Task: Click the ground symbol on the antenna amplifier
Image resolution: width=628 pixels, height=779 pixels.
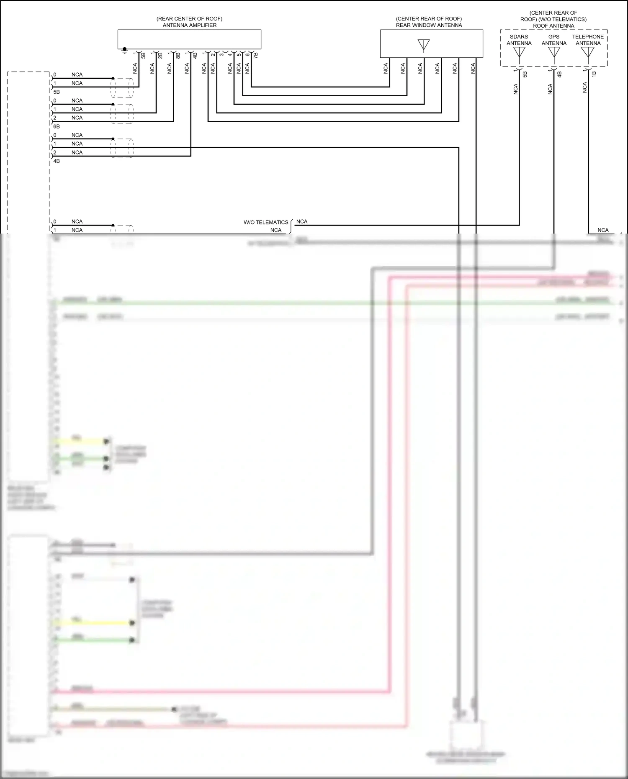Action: point(124,51)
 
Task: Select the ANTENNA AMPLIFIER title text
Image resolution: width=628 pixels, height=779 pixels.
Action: point(189,25)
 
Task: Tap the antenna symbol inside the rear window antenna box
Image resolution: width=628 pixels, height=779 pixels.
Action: point(424,45)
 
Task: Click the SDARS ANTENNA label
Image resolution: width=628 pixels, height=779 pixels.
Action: point(519,40)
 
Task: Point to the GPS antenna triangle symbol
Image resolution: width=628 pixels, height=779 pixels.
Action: point(554,52)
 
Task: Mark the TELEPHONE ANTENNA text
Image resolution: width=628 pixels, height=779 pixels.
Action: point(588,40)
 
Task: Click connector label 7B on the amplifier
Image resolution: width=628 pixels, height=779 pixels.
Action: point(256,54)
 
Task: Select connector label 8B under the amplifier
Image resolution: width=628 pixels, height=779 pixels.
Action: point(178,54)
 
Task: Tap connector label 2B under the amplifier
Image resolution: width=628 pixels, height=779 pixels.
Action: point(160,54)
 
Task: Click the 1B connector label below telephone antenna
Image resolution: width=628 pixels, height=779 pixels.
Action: point(594,74)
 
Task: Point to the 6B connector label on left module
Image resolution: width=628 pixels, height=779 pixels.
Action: point(57,126)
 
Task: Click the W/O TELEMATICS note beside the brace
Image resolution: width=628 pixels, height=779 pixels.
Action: point(266,222)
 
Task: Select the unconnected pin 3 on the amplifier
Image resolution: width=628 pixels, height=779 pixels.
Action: point(221,54)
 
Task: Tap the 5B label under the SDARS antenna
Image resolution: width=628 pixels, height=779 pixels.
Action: point(525,74)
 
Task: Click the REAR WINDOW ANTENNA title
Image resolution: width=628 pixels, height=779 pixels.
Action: point(429,25)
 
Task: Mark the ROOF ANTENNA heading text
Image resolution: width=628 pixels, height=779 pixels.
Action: point(553,26)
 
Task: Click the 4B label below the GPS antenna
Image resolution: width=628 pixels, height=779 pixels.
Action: point(559,74)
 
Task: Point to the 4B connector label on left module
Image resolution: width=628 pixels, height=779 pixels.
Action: point(57,161)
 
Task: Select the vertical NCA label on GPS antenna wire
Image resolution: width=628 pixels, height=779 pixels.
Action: point(550,89)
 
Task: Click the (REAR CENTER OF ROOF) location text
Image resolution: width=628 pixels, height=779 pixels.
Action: point(189,19)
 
